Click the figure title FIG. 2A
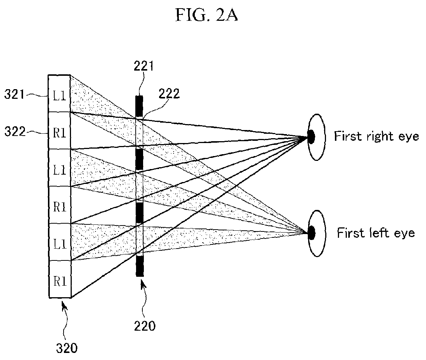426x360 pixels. click(x=207, y=15)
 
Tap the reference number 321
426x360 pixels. click(x=14, y=94)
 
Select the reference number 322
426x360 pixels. click(x=15, y=132)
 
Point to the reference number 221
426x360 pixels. click(x=143, y=66)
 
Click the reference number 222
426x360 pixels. click(x=169, y=94)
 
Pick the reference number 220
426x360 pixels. click(x=145, y=326)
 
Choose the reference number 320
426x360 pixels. click(x=67, y=348)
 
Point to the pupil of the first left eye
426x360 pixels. click(x=312, y=233)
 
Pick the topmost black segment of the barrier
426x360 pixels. click(x=139, y=106)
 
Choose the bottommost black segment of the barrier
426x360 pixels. click(x=140, y=266)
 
